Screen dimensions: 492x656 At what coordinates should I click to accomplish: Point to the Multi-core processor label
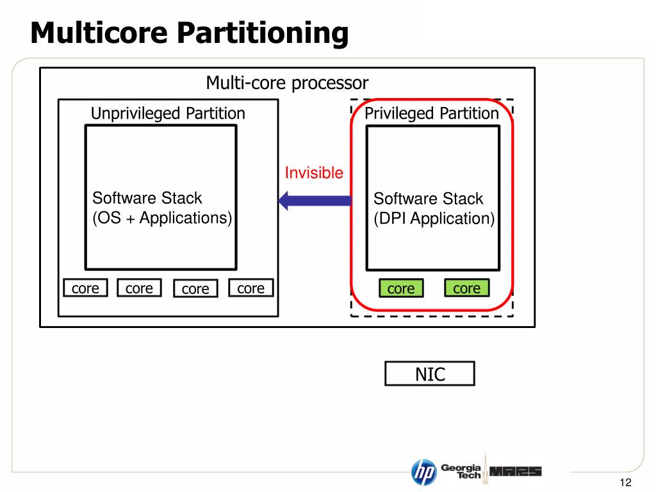287,83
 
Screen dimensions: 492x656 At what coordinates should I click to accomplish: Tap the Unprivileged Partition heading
168,114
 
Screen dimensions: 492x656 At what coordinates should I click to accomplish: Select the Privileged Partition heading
431,114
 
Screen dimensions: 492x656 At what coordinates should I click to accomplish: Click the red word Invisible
314,173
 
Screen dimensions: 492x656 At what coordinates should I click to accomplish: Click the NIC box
430,374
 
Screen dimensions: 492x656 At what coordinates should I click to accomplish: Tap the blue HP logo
423,472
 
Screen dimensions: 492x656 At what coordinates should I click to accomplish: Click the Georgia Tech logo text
461,471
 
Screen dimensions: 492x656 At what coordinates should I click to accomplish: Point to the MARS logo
515,471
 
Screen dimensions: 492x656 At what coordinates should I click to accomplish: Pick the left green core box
401,289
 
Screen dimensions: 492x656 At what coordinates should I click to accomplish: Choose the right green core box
466,288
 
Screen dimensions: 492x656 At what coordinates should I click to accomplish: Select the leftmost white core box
85,288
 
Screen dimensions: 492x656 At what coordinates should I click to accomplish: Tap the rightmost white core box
250,288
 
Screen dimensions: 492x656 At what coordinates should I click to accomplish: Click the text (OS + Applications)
162,218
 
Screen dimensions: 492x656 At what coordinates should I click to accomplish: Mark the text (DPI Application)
434,218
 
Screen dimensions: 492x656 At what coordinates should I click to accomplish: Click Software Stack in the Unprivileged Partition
147,198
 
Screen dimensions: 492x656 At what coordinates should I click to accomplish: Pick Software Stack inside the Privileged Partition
428,199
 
